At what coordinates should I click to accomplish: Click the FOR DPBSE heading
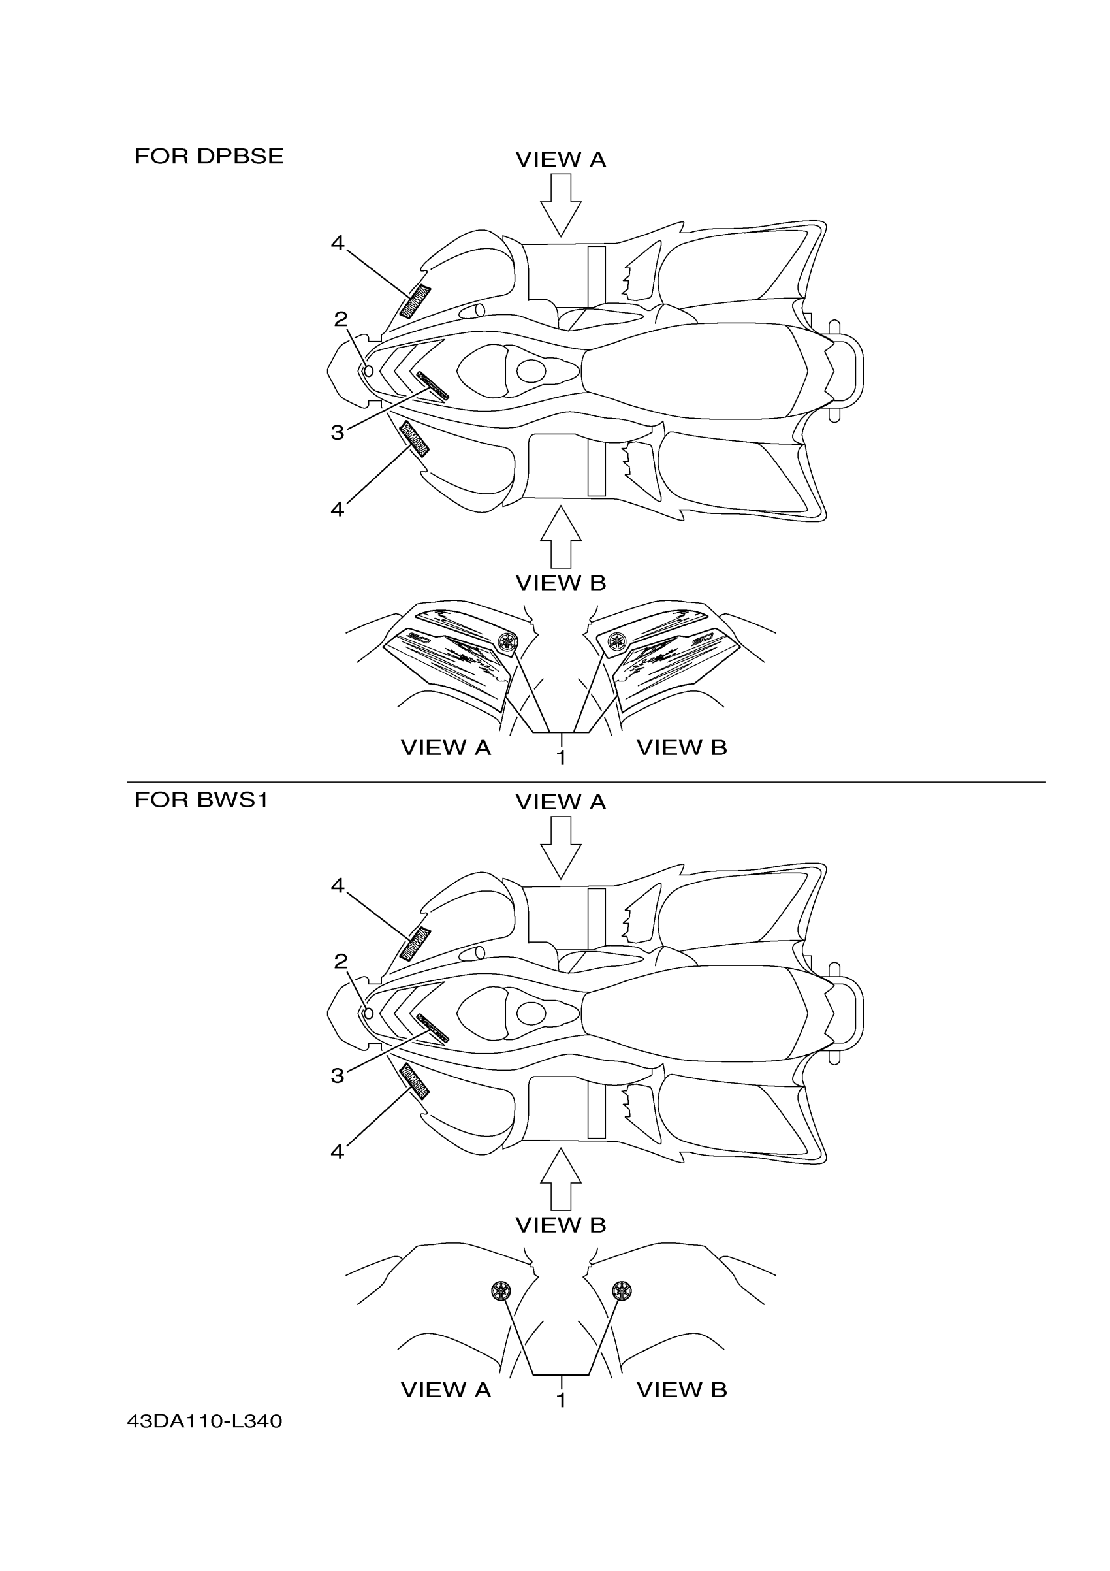[208, 157]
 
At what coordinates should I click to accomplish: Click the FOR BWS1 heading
[201, 799]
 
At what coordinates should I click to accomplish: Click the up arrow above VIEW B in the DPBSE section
[561, 537]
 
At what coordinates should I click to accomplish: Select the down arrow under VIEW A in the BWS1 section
[561, 847]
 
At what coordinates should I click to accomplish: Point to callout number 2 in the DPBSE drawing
[341, 319]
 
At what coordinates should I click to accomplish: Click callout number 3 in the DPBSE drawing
[337, 432]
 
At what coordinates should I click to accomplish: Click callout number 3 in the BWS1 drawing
[337, 1076]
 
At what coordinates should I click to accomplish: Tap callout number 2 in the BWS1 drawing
[341, 962]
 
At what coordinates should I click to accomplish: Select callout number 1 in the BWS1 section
[561, 1401]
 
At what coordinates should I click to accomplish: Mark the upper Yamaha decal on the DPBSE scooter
[415, 301]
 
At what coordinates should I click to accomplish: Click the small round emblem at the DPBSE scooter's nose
[368, 371]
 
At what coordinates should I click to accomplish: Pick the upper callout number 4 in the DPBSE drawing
[337, 243]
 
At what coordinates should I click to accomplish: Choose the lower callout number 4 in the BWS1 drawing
[337, 1152]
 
